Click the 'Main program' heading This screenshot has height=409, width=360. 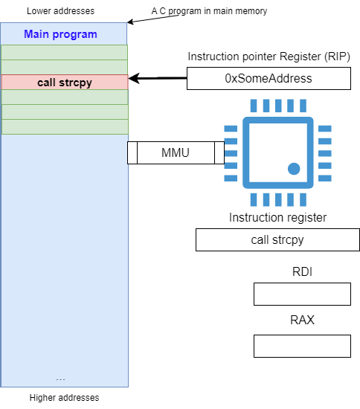[x=60, y=34]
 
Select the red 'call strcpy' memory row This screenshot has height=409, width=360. [x=65, y=82]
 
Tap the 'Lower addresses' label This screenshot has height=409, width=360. [x=60, y=11]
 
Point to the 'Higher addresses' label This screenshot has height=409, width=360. [x=64, y=398]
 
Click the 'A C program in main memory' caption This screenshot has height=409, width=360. [x=209, y=11]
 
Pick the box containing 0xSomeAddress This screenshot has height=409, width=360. [x=269, y=79]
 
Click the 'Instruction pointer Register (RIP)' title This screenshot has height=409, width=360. [x=269, y=57]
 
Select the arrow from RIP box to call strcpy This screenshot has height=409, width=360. [x=158, y=78]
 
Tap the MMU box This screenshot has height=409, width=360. [x=176, y=153]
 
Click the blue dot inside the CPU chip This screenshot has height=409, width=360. [x=294, y=169]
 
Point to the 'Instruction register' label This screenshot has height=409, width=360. [x=277, y=217]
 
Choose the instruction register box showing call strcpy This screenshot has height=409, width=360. [x=277, y=240]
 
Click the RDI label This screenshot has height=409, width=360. [x=302, y=271]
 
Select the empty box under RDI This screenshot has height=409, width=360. [x=302, y=294]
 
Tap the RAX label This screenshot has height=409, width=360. [x=302, y=320]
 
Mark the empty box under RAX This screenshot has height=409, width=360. [x=302, y=346]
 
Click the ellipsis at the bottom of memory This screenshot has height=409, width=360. [x=60, y=379]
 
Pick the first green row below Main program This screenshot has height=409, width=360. [x=65, y=52]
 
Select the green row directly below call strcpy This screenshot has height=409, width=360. [x=65, y=97]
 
